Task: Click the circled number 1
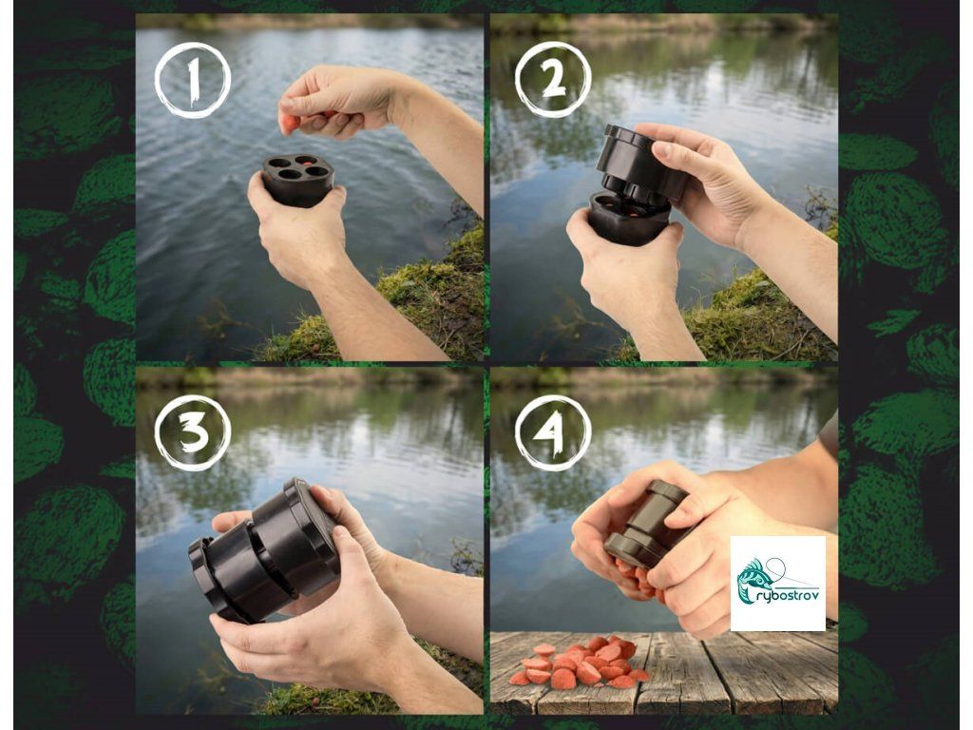point(192,80)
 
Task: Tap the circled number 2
point(553,80)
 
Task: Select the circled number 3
point(192,432)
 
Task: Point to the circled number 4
point(553,432)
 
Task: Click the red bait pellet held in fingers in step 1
point(290,123)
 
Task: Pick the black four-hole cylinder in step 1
point(297,180)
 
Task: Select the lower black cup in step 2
point(628,218)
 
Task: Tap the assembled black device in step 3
point(266,550)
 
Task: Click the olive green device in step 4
point(644,523)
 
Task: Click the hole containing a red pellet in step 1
point(305,160)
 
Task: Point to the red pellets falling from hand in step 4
point(636,576)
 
